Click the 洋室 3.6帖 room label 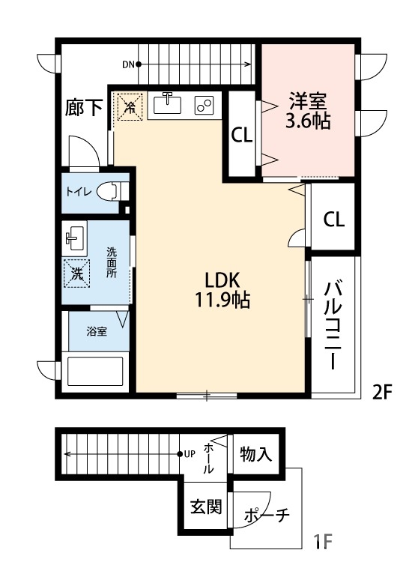tap(308, 110)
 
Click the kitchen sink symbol tap(169, 103)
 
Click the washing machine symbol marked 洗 tap(76, 273)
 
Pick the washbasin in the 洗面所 tap(73, 238)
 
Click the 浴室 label tap(96, 330)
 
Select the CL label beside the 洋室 tap(241, 136)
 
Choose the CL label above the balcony tap(334, 219)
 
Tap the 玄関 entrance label tap(205, 507)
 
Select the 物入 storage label tap(255, 453)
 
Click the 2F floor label tap(382, 391)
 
